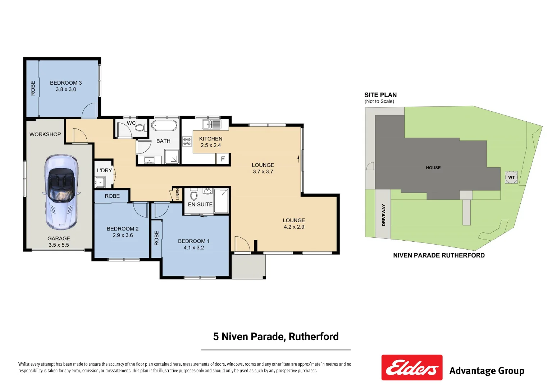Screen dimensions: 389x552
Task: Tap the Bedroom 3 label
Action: point(66,83)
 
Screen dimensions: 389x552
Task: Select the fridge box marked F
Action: point(223,159)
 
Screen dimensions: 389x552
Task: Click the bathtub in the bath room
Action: point(164,126)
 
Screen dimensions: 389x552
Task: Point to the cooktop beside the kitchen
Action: point(187,141)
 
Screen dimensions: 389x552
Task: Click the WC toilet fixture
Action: point(140,128)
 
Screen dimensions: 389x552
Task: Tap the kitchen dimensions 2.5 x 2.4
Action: point(211,146)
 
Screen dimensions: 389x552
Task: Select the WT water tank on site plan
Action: point(511,177)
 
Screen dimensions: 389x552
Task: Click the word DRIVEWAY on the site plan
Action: point(383,215)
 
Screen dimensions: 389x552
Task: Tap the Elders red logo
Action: point(412,368)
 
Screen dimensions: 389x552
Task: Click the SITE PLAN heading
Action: point(380,95)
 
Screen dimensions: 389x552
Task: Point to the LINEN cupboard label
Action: point(177,194)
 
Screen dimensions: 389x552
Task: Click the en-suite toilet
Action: point(194,194)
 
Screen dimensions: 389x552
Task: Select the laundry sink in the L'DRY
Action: point(100,182)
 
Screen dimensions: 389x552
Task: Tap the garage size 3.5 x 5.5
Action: point(59,245)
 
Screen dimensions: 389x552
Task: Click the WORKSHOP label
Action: point(45,134)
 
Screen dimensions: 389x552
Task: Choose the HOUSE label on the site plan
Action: point(433,168)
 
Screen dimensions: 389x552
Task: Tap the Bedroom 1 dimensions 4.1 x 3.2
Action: point(193,248)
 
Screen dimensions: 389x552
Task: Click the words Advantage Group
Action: point(487,371)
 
